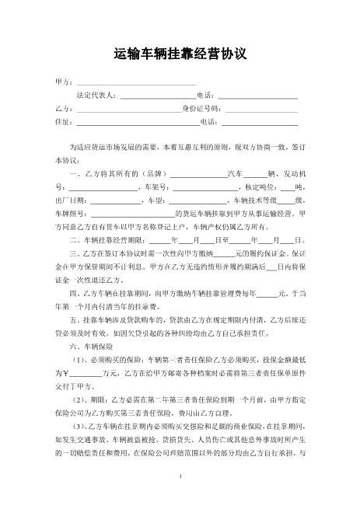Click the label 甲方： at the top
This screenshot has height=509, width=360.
point(64,82)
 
